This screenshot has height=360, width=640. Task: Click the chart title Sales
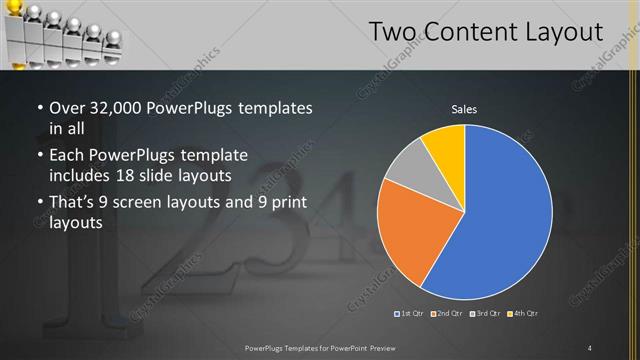coord(464,109)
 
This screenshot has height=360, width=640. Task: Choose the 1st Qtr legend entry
coord(410,314)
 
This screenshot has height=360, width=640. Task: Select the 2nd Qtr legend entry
coord(446,314)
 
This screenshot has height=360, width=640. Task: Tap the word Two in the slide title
coord(391,32)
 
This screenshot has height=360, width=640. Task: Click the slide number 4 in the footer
coord(590,347)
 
